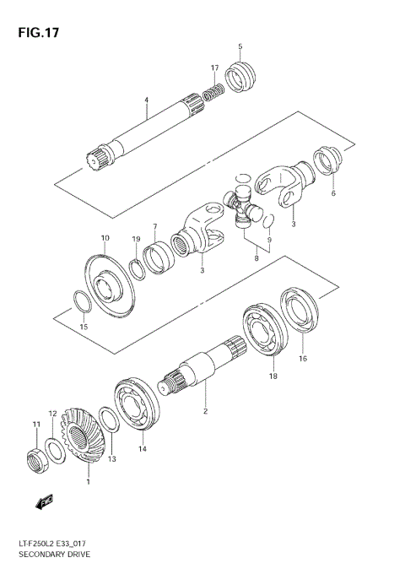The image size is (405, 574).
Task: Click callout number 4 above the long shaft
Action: pyautogui.click(x=146, y=100)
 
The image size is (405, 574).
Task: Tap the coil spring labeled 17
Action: pyautogui.click(x=216, y=87)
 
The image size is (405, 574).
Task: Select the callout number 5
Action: pyautogui.click(x=240, y=46)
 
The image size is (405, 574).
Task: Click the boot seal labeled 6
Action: pyautogui.click(x=327, y=163)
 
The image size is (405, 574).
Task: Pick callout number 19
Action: pyautogui.click(x=136, y=240)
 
